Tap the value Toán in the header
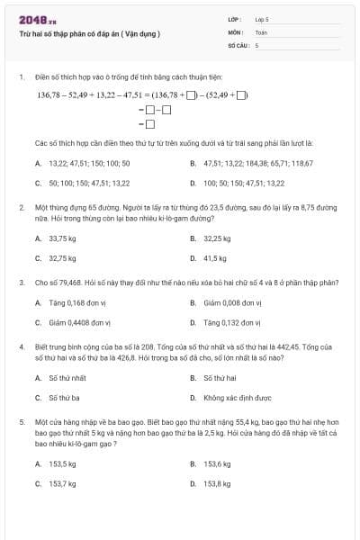(262, 31)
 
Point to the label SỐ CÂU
(237, 44)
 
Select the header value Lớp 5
(263, 19)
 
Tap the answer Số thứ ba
(63, 396)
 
